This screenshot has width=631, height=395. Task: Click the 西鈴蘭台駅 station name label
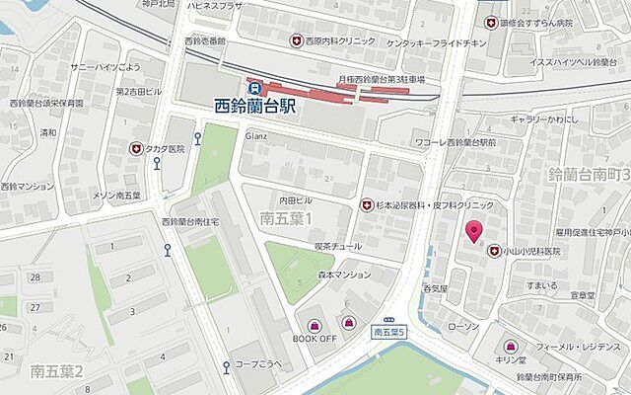[260, 103]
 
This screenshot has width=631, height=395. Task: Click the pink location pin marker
[473, 232]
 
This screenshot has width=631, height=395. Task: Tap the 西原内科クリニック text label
[340, 41]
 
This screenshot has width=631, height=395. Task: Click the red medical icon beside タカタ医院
[136, 148]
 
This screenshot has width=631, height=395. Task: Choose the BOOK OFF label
[314, 339]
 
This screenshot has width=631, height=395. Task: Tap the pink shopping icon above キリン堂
[510, 347]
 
